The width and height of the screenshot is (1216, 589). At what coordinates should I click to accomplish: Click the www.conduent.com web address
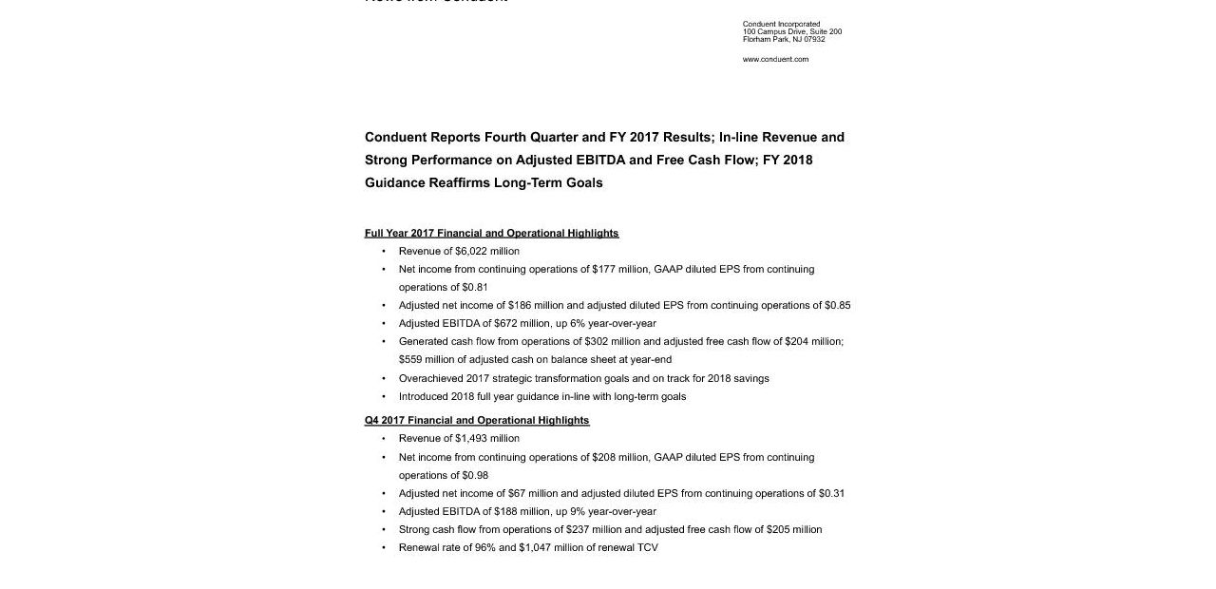click(x=775, y=59)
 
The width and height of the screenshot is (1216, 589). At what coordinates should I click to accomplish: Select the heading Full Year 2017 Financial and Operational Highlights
click(x=491, y=233)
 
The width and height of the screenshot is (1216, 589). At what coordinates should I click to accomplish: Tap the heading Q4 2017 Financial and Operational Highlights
click(x=477, y=420)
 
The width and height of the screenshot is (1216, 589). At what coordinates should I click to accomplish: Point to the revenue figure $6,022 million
click(x=487, y=251)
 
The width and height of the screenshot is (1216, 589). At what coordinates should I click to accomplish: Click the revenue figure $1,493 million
click(x=487, y=438)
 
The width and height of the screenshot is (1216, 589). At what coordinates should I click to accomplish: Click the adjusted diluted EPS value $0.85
click(x=837, y=305)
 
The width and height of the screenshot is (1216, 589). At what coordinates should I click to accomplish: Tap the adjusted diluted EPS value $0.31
click(x=831, y=493)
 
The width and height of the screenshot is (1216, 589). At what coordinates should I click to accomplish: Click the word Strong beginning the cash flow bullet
click(x=414, y=529)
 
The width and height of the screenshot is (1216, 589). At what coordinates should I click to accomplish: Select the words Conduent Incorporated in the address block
click(x=781, y=24)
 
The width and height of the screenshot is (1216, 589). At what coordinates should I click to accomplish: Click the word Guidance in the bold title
click(x=394, y=182)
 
